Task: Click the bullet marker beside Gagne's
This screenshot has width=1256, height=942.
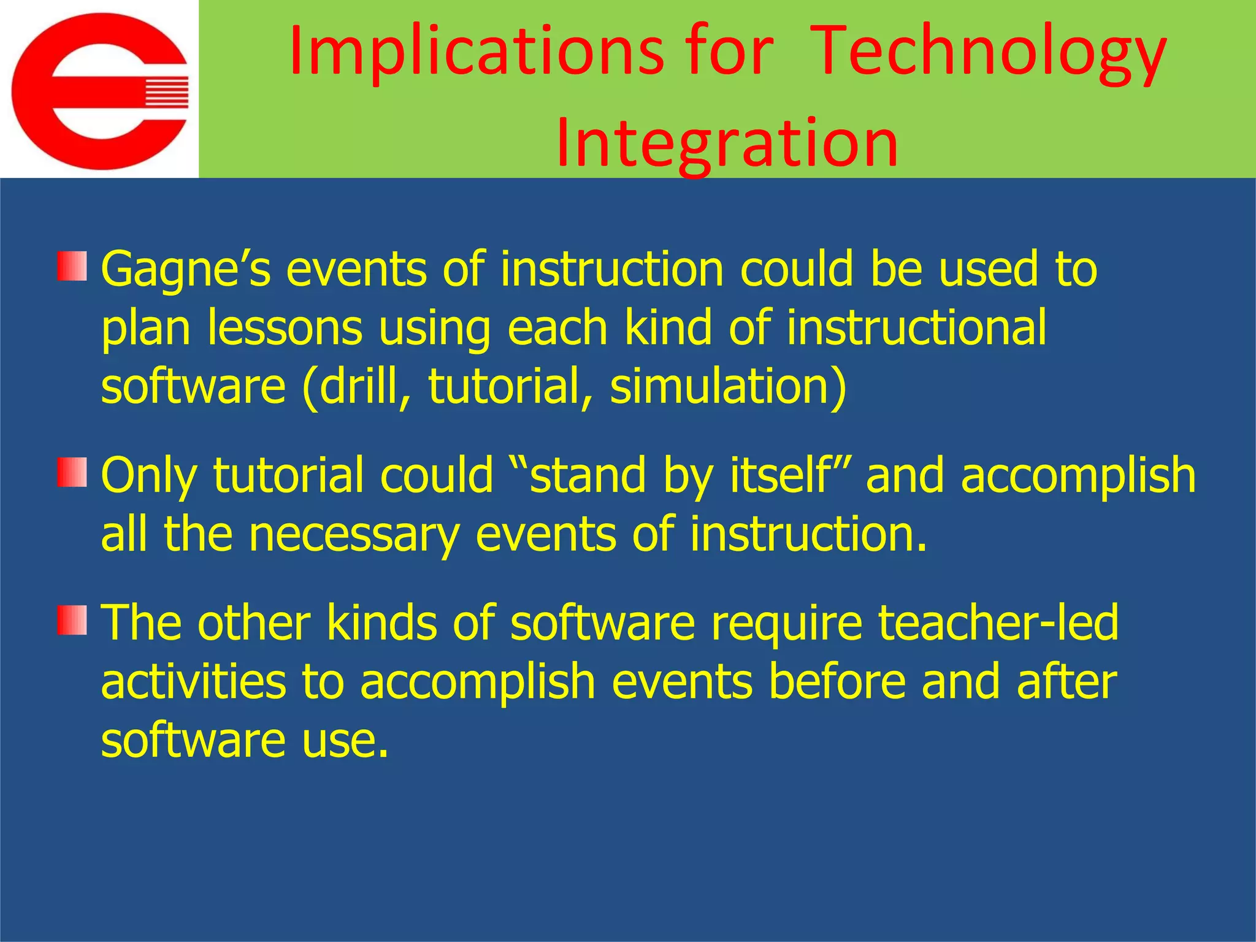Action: [72, 267]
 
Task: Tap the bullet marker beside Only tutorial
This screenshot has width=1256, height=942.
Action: [72, 473]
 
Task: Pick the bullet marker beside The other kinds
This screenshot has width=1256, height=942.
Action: [72, 620]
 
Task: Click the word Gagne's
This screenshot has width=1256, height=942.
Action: [185, 270]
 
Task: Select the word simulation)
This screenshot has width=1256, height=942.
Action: [728, 386]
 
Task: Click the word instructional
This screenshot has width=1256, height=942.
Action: [916, 328]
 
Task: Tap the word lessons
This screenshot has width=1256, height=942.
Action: [285, 328]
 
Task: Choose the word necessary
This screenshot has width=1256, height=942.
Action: [354, 534]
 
